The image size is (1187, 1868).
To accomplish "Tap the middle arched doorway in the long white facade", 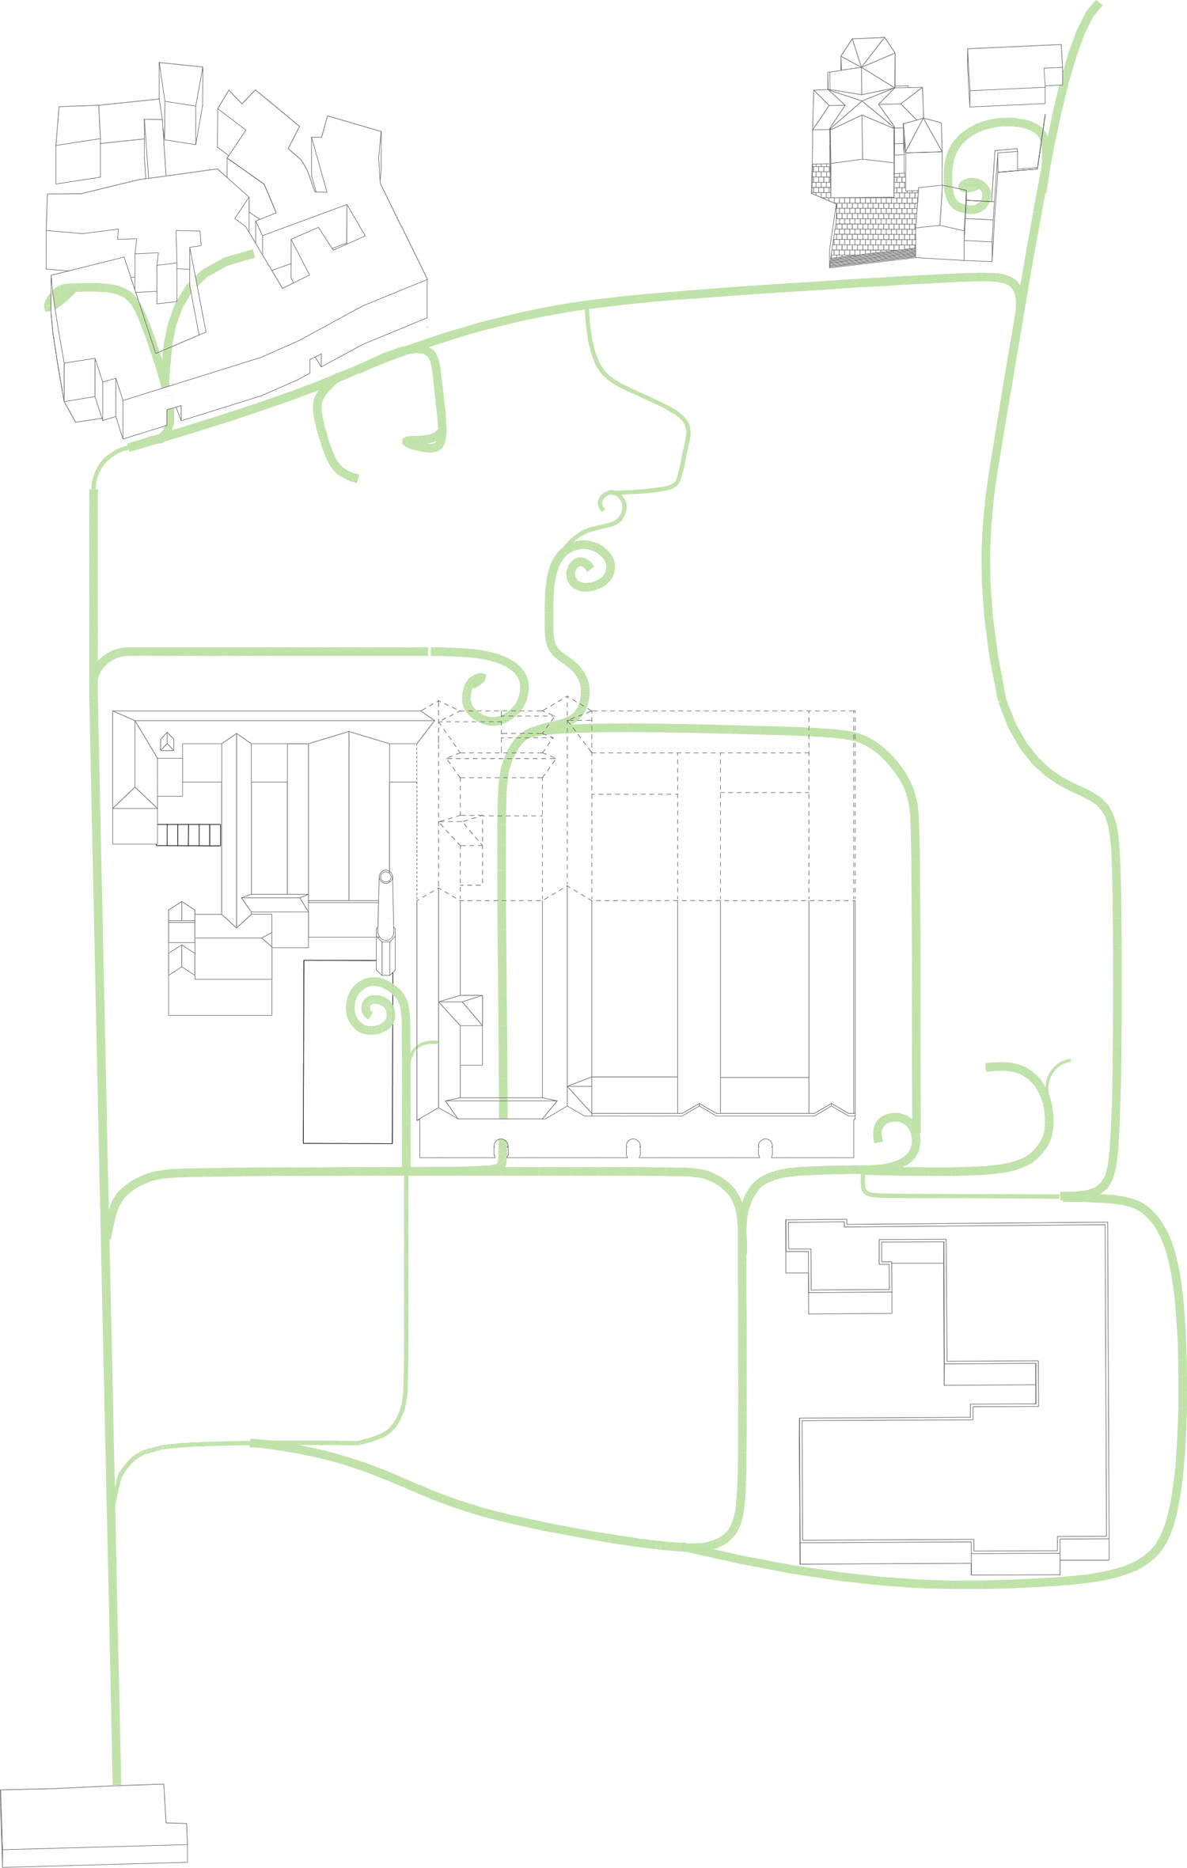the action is [632, 1147].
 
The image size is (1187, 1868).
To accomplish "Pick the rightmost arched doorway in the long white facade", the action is [764, 1147].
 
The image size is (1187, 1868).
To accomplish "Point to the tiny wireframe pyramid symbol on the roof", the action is [166, 742].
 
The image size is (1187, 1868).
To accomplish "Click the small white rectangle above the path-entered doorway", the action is [472, 1044].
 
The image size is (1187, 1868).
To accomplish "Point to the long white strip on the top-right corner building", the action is [1013, 96].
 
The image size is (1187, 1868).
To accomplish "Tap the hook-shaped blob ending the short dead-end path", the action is [419, 442].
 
